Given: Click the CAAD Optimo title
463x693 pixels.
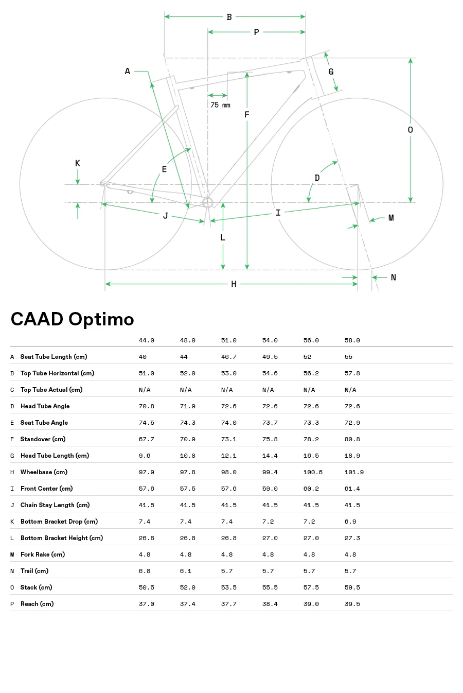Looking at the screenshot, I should click(x=72, y=319).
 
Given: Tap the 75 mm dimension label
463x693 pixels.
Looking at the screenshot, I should click(x=220, y=105).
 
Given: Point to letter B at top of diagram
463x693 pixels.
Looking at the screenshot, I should click(x=229, y=17).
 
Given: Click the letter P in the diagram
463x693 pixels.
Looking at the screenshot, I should click(x=256, y=32).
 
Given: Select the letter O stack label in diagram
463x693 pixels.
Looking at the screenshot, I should click(x=410, y=130).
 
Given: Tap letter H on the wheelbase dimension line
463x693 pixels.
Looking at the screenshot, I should click(x=234, y=284).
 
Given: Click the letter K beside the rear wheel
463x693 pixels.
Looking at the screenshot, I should click(x=78, y=163).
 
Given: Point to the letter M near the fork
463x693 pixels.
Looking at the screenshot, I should click(x=391, y=218).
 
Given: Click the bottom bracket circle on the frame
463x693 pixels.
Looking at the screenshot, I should click(x=207, y=202).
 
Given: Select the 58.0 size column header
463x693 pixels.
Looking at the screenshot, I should click(x=352, y=340).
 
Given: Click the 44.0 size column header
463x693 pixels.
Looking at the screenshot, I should click(x=146, y=340).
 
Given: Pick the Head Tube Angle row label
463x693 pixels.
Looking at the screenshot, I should click(x=45, y=406).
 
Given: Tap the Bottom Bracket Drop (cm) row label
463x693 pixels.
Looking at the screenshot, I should click(x=59, y=522).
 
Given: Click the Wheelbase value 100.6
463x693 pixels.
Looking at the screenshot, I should click(x=313, y=472).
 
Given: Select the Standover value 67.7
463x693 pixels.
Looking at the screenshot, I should click(x=146, y=439).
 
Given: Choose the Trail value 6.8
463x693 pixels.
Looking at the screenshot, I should click(x=145, y=571).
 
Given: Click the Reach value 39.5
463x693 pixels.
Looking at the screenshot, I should click(x=352, y=604).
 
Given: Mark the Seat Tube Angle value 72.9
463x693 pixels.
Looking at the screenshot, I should click(x=352, y=423).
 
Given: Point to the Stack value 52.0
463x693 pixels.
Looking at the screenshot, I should click(x=187, y=587).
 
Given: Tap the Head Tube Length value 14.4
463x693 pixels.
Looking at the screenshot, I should click(x=270, y=456).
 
